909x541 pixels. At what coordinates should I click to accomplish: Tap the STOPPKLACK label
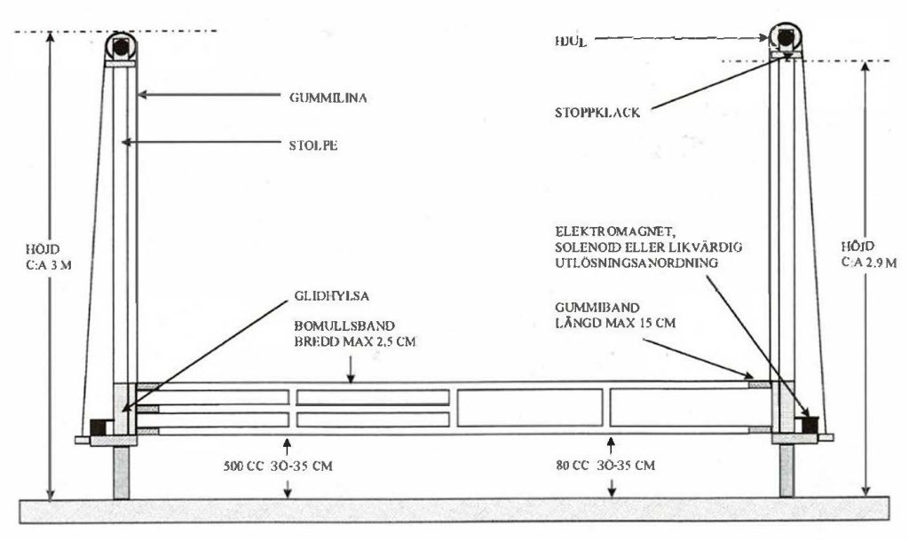(597, 113)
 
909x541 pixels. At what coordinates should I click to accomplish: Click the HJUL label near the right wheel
(565, 40)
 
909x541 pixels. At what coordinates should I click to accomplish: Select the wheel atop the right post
(786, 37)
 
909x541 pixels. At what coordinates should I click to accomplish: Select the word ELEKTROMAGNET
(596, 230)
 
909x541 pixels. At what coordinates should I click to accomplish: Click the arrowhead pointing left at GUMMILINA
(144, 97)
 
